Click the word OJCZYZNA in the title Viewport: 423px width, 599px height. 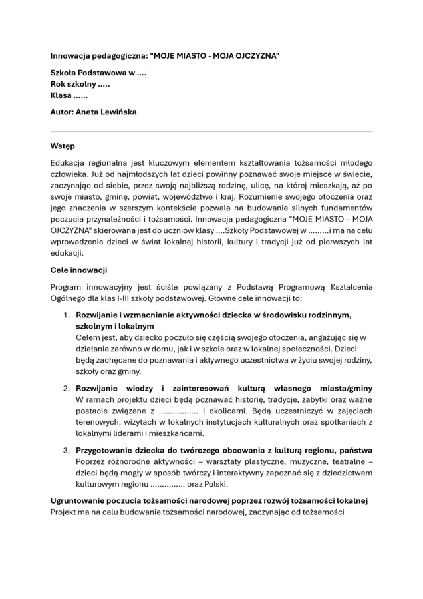tap(253, 55)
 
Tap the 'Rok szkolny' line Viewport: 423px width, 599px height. tap(80, 85)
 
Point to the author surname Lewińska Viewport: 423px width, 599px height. tap(118, 112)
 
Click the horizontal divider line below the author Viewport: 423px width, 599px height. tap(211, 132)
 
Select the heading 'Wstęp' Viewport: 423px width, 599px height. tap(63, 145)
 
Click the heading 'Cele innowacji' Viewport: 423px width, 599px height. tap(79, 270)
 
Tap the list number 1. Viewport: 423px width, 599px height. tap(67, 315)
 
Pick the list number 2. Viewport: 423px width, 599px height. tap(67, 388)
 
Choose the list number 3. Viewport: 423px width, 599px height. tap(67, 450)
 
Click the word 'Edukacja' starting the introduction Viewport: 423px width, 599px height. tap(69, 163)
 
